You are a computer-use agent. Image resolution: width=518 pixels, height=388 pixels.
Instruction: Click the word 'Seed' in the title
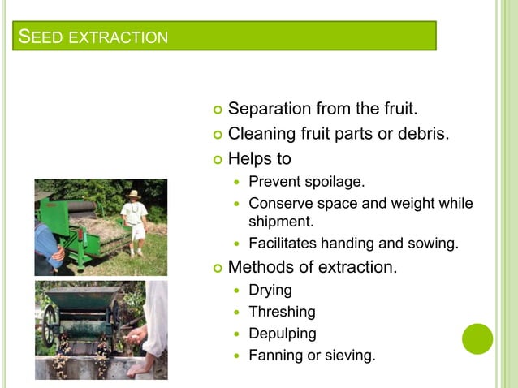[37, 37]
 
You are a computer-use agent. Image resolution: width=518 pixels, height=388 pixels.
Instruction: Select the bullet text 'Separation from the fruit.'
[323, 108]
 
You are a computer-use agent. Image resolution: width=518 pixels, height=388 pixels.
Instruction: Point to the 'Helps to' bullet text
[259, 159]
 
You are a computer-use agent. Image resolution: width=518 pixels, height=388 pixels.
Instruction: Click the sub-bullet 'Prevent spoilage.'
[306, 181]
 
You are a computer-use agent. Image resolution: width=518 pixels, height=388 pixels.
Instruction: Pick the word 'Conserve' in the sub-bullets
[278, 203]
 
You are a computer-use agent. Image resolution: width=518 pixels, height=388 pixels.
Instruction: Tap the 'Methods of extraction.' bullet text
[313, 266]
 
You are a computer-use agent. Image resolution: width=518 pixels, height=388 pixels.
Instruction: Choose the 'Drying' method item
[270, 290]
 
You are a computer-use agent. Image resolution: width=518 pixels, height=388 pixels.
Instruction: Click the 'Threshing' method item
[282, 312]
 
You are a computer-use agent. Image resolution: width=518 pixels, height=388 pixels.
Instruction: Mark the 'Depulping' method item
[282, 334]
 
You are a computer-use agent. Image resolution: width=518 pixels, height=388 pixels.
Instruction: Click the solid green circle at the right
[477, 338]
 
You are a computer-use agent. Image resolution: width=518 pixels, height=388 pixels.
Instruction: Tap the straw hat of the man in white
[133, 195]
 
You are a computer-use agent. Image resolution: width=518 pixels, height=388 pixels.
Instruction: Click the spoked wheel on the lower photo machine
[50, 324]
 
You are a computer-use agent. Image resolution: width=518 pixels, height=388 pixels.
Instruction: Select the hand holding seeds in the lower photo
[140, 335]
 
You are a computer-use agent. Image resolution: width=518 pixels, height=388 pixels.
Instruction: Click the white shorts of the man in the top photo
[137, 232]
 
